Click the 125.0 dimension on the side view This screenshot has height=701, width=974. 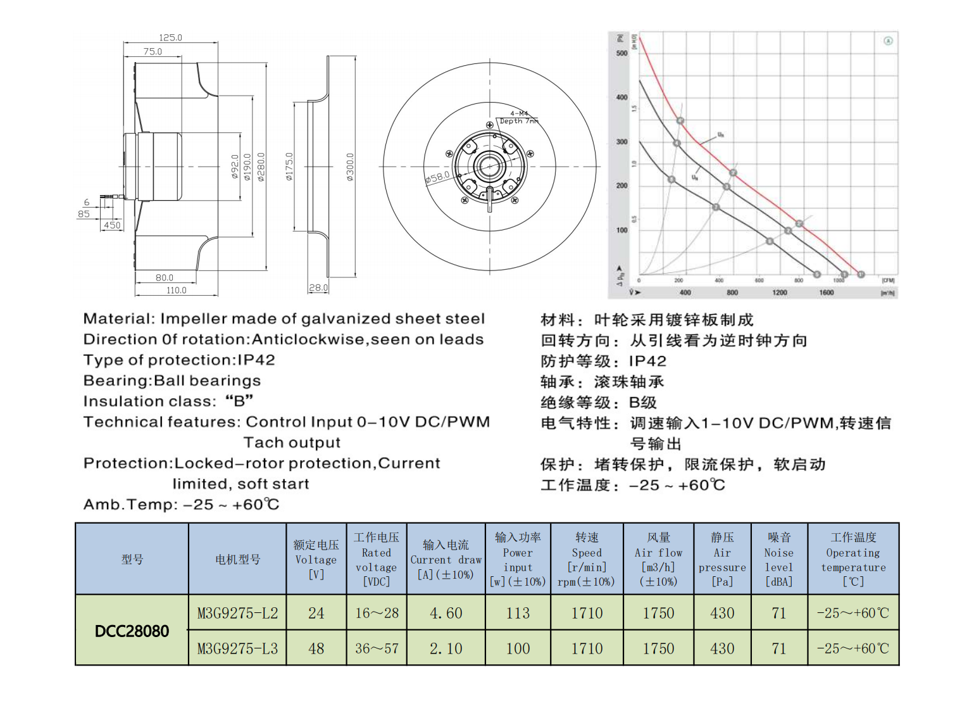click(170, 38)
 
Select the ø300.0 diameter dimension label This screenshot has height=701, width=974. click(350, 167)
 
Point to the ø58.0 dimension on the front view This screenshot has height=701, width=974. click(437, 177)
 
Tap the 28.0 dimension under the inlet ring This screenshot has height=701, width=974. click(318, 288)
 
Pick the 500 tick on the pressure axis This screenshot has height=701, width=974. click(621, 54)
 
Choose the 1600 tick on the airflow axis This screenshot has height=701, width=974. click(827, 293)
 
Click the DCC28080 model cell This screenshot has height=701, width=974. click(132, 631)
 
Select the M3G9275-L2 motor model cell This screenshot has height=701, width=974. click(237, 613)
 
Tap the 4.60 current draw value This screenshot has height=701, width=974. click(446, 613)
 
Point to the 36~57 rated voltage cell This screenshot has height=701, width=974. click(377, 648)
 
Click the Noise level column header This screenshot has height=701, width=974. click(778, 559)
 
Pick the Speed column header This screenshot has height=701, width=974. click(587, 559)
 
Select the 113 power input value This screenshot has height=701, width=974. click(518, 613)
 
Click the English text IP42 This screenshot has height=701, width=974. click(256, 360)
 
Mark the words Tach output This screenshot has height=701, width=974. click(292, 443)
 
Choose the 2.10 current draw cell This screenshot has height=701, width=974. click(446, 648)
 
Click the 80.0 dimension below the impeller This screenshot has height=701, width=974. click(165, 278)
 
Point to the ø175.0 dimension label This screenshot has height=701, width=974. click(289, 167)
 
